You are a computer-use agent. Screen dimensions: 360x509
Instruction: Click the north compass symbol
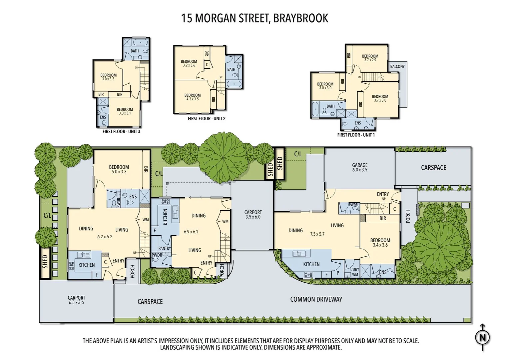[x=482, y=337]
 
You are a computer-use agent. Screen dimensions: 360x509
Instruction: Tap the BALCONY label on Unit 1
[x=397, y=66]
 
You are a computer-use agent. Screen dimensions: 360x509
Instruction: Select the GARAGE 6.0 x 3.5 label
[x=360, y=167]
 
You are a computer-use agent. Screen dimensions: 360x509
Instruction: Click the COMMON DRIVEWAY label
[x=316, y=299]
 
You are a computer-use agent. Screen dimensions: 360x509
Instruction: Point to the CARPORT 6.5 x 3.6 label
[x=76, y=300]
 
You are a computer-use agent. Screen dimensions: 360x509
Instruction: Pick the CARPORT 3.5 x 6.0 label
[x=253, y=214]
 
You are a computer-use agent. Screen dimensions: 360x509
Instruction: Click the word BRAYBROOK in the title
[x=300, y=18]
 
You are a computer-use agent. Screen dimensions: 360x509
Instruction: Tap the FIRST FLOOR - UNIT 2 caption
[x=207, y=119]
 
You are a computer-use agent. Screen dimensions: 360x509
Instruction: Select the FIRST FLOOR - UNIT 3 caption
[x=121, y=132]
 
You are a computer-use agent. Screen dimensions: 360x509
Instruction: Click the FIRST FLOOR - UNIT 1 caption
[x=356, y=135]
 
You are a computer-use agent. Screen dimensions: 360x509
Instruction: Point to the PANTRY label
[x=165, y=248]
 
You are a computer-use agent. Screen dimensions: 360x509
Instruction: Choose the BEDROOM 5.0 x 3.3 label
[x=119, y=169]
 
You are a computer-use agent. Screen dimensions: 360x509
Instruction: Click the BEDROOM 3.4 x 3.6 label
[x=380, y=242]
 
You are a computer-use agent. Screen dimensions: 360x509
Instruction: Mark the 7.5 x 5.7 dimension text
[x=317, y=234]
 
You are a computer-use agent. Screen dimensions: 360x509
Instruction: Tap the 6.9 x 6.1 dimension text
[x=191, y=232]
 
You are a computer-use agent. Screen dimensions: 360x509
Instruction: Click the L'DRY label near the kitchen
[x=354, y=269]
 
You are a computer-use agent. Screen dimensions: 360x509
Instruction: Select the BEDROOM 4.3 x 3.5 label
[x=193, y=97]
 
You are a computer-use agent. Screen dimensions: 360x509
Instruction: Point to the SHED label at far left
[x=45, y=262]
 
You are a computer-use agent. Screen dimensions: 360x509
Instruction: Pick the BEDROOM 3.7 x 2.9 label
[x=370, y=58]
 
